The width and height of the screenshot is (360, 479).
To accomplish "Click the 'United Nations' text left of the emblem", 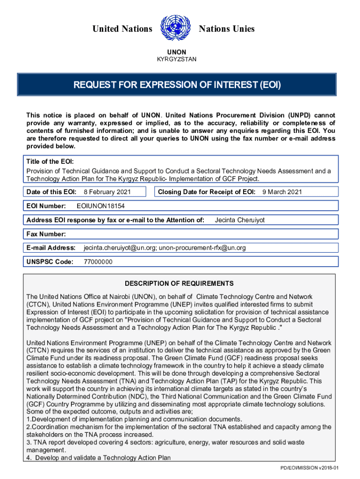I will pos(122,29).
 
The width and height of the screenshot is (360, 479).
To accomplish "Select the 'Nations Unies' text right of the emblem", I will pos(227,29).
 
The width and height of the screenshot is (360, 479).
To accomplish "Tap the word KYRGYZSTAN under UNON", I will pos(177,59).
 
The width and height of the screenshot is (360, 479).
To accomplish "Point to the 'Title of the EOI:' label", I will pos(50,161).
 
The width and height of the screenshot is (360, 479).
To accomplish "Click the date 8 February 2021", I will pos(107,192).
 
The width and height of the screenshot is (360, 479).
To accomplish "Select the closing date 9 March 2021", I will pos(282,192).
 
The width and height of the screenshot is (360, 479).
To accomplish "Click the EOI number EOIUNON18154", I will pos(101,206).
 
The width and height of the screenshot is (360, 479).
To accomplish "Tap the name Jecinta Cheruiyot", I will pos(239,220).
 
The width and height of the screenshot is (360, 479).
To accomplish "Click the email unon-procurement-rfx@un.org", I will pos(202,247).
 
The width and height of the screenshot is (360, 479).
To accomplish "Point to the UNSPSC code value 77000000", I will pos(98,261).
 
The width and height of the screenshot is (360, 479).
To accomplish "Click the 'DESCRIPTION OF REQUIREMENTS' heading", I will pos(179,283).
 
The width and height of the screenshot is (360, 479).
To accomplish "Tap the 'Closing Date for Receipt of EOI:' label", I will pos(207,192).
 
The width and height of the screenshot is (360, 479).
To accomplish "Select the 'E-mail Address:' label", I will pos(51,247).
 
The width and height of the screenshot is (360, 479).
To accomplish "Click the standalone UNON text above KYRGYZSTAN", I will pos(177,52).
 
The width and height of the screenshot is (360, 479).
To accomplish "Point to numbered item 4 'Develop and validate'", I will pos(99,457).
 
